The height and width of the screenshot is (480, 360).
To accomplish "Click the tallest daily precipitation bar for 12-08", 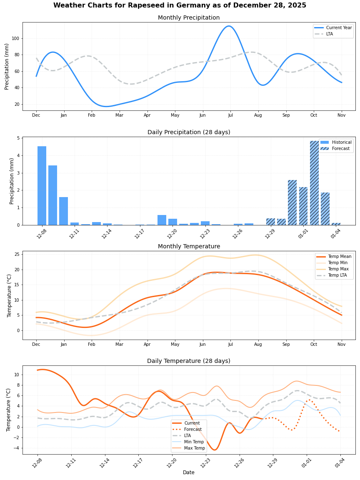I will coord(42,185).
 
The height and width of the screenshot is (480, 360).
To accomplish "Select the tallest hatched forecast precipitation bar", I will coord(314,183).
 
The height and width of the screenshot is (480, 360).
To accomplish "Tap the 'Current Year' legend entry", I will coord(339,27).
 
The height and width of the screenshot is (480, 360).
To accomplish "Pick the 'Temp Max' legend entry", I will coord(338,269).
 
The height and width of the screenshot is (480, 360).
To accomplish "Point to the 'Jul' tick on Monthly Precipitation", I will coord(230,115).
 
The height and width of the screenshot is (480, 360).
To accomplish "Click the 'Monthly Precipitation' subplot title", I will coord(189,18).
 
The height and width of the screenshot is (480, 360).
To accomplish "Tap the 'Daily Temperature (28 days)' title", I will coord(189,361).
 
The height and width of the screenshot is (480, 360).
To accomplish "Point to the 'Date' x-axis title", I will coord(189,472).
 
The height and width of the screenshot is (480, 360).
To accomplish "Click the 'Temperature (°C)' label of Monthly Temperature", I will coord(9,295).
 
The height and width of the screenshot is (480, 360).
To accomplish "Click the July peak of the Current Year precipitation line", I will coord(228,26).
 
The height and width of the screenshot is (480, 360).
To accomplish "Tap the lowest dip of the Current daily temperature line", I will coord(214,450).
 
